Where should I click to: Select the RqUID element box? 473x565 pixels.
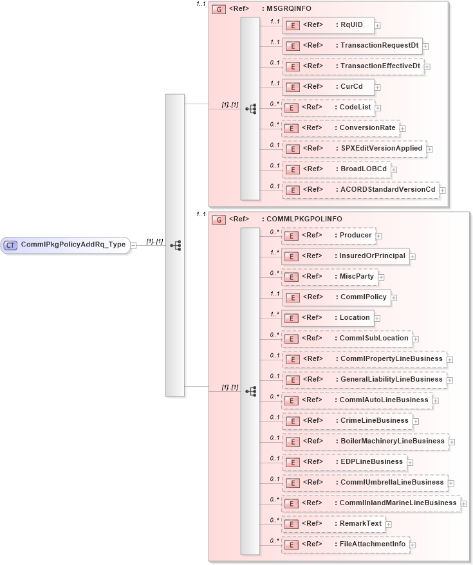[328, 25]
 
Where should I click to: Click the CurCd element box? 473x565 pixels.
[328, 87]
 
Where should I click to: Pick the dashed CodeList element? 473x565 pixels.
[328, 107]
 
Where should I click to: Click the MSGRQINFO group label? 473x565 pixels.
[285, 10]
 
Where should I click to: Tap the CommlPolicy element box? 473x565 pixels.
[336, 297]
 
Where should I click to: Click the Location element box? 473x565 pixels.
[328, 318]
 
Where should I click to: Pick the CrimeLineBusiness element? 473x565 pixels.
[348, 421]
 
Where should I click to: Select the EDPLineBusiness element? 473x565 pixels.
[344, 461]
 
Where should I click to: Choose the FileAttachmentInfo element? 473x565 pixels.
[346, 544]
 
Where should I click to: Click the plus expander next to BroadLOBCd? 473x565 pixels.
[394, 170]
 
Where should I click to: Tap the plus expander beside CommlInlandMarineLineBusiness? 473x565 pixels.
[464, 503]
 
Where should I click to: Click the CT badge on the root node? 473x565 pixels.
[11, 245]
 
